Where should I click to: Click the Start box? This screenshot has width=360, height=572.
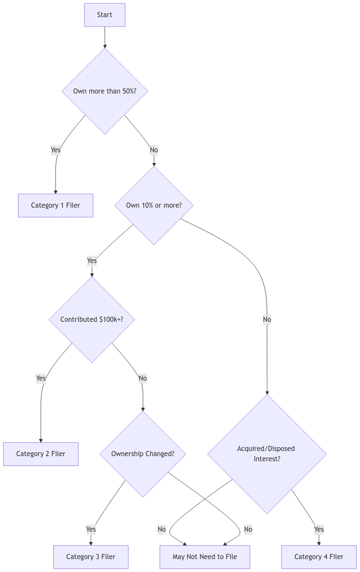(105, 15)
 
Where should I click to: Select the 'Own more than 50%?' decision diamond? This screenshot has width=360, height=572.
(105, 91)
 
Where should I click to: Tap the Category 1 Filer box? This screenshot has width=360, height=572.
(55, 205)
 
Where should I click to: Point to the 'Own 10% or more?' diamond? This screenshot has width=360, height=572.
(154, 205)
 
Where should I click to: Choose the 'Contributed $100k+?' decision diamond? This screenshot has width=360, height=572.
(92, 319)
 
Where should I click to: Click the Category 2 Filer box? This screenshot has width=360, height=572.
(41, 454)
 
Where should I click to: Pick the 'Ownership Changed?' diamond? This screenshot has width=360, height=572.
(142, 454)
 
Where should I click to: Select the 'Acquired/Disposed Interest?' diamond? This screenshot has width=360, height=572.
(266, 454)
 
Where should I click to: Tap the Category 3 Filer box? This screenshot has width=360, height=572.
(91, 557)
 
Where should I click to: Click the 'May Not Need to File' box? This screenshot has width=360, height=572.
(205, 557)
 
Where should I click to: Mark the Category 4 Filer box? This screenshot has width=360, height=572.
(318, 557)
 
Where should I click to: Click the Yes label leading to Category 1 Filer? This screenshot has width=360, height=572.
(55, 150)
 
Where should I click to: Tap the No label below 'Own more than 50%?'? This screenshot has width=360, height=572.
(154, 150)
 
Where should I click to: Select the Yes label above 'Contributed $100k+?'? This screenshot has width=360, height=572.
(92, 260)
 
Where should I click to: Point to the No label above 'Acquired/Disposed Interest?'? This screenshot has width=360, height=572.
(267, 319)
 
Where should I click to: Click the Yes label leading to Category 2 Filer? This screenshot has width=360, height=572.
(41, 378)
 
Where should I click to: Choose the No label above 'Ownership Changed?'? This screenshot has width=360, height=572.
(143, 378)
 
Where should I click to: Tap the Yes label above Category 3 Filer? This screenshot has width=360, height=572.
(91, 529)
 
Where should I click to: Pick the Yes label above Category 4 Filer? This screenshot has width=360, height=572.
(318, 529)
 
